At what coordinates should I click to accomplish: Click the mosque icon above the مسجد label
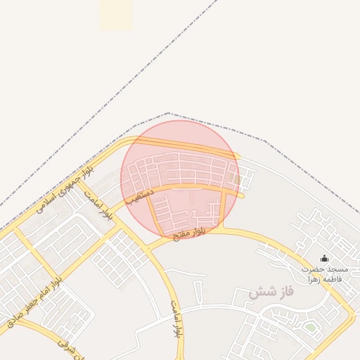pyautogui.click(x=324, y=259)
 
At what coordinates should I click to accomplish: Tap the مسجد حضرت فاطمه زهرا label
pyautogui.click(x=326, y=274)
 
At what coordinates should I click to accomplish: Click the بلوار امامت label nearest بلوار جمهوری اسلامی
pyautogui.click(x=98, y=203)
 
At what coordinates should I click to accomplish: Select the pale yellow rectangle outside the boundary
pyautogui.click(x=115, y=14)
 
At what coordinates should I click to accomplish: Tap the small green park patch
pyautogui.click(x=310, y=327)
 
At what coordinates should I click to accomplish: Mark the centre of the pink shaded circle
pyautogui.click(x=180, y=179)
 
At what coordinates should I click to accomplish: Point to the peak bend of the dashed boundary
pyautogui.click(x=168, y=113)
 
